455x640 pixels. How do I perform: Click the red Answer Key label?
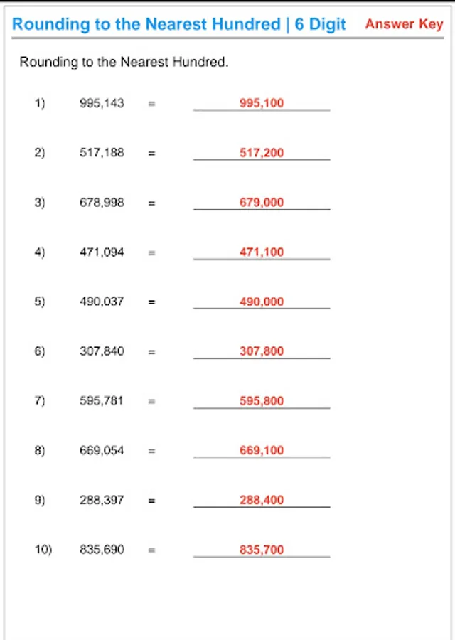(404, 23)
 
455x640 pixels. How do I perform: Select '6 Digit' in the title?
(321, 24)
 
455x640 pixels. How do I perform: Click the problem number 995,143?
(102, 103)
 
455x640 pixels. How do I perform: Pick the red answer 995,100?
(262, 103)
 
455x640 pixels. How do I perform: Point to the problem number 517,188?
(102, 152)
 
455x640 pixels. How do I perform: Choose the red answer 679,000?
(262, 203)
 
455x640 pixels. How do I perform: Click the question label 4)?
(40, 252)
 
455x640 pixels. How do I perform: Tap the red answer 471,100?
(262, 252)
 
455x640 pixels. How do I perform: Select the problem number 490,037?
(102, 302)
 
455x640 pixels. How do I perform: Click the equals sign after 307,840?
(151, 351)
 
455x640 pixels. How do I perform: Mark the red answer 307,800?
(262, 351)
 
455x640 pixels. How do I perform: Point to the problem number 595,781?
(102, 401)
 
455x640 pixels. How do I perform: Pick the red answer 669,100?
(262, 450)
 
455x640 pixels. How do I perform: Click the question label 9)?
(40, 500)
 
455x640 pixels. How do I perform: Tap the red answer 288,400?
(262, 500)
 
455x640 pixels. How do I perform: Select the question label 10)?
(43, 550)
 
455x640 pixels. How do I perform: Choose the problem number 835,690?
(102, 550)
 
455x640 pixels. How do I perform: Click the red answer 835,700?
(262, 550)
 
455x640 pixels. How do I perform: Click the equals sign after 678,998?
(151, 203)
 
